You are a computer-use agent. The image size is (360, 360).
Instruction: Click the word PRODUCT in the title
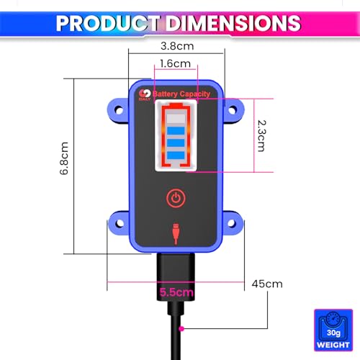pos(108,23)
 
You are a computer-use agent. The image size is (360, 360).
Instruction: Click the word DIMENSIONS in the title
pos(232,23)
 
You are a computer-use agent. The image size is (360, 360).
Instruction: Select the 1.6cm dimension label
pos(176,63)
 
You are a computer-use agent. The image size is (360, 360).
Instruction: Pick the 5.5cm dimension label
pos(177,292)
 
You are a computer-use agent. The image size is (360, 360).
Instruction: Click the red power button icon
pos(176,197)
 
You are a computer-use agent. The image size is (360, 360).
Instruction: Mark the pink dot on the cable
pos(181,328)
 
